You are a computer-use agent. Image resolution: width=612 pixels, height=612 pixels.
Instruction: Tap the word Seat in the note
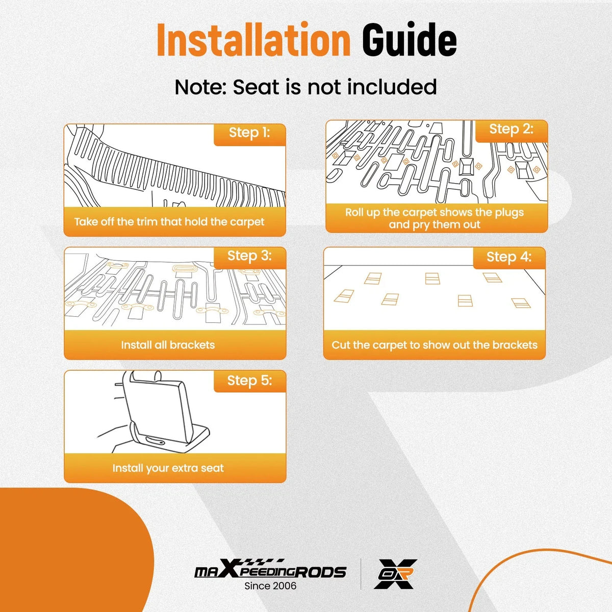[256, 87]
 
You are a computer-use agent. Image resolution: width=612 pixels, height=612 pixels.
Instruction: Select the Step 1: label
[249, 132]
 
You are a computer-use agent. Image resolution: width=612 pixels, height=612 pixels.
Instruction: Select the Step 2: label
[511, 129]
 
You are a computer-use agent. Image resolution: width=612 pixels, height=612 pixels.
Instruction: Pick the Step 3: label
[249, 256]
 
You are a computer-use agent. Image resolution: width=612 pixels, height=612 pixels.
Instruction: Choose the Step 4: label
[509, 257]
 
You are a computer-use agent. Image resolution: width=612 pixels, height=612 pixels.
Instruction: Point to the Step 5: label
[249, 380]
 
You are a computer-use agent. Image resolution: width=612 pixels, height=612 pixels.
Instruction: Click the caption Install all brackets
[168, 345]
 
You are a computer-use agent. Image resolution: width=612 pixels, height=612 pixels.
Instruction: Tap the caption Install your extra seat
[168, 468]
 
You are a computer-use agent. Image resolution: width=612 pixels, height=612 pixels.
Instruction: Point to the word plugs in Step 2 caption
[509, 213]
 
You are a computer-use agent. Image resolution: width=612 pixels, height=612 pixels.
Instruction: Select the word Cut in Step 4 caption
[341, 345]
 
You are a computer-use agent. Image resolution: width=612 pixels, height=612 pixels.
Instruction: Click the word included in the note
[392, 87]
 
